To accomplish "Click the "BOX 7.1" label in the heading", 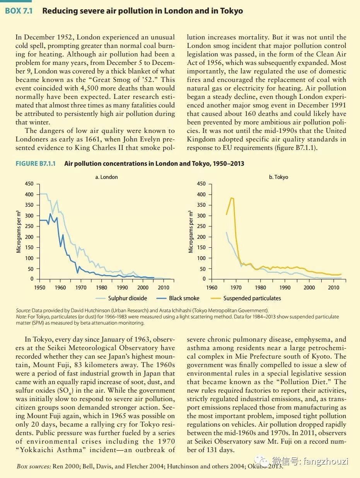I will point(19,11).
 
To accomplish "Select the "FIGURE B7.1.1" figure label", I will point(36,163).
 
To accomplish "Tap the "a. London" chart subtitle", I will point(106,177).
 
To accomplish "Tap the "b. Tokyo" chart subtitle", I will point(278,177).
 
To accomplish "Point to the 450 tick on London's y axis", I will point(29,184).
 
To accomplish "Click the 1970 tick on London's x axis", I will point(81,287).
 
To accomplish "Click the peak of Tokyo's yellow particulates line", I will point(231,198).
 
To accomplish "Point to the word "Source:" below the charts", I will point(23,311).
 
